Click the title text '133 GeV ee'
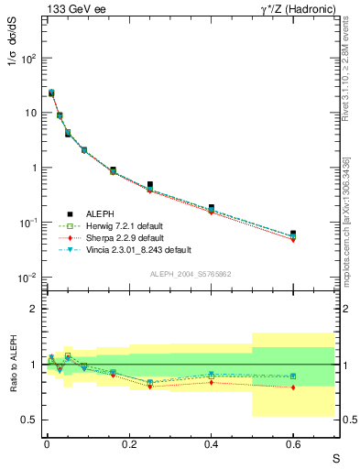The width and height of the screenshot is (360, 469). pos(72,9)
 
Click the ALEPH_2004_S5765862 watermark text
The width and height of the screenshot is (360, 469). pos(191,273)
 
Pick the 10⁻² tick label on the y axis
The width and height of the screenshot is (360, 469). pos(29,278)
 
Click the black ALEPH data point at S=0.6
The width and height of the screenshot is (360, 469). pos(293,234)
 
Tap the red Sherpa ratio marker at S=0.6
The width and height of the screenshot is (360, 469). pos(293,387)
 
